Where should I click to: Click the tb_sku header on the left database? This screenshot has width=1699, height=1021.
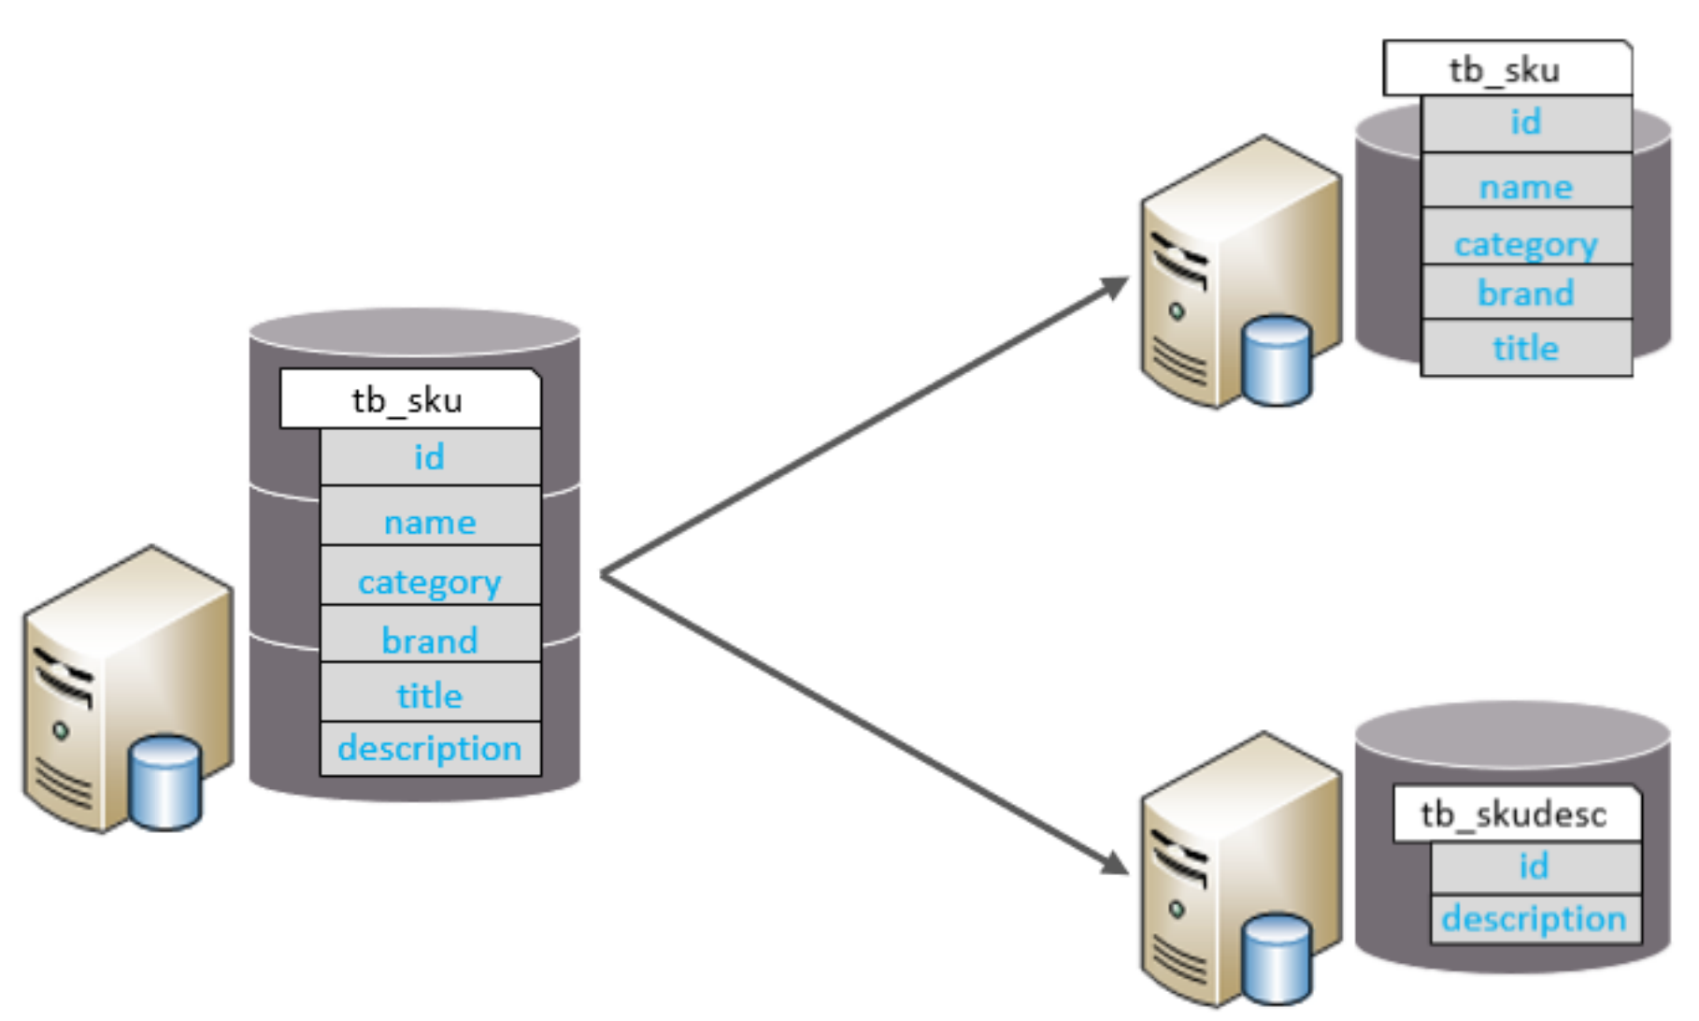[409, 400]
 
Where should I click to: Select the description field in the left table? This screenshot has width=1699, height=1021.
[430, 748]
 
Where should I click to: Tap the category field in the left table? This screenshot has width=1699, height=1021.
[430, 582]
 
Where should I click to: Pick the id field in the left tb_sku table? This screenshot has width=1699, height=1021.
[430, 457]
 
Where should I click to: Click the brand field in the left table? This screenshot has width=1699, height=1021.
[430, 640]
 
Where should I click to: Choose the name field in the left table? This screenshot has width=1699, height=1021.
[430, 522]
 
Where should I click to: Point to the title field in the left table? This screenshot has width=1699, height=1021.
[430, 696]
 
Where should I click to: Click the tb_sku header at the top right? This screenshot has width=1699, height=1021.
[1506, 69]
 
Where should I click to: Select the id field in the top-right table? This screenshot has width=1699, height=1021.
[1526, 122]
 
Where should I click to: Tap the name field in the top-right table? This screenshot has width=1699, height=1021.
[1526, 187]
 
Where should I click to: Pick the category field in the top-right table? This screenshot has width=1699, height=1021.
[1526, 244]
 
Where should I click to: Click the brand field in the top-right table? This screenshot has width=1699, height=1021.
[1526, 294]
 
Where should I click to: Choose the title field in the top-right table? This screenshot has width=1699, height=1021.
[1526, 349]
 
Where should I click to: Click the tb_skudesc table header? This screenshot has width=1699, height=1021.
[1515, 814]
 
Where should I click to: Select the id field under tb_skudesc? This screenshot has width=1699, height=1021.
[1535, 867]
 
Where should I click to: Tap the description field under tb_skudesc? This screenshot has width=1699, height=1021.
[1535, 919]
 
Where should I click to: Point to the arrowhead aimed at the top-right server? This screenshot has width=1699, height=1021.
[1116, 287]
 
